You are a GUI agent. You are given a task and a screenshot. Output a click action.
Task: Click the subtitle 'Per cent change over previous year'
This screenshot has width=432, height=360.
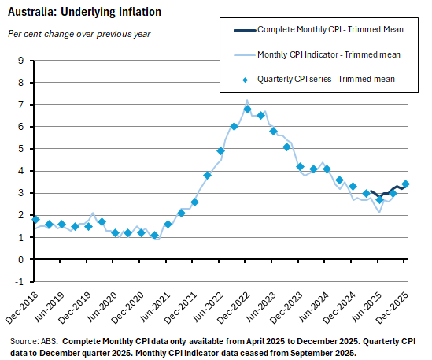click(79, 34)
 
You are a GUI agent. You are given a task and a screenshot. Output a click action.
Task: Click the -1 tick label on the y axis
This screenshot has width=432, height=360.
click(21, 281)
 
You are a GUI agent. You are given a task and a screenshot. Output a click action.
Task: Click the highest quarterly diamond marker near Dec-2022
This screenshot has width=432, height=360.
click(247, 109)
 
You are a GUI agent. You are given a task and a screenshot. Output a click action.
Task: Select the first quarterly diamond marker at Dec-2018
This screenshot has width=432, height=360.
click(35, 219)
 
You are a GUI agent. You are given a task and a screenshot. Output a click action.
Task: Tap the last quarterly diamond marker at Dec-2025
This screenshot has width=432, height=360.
click(405, 184)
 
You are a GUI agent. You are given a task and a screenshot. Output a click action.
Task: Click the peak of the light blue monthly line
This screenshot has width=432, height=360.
click(247, 101)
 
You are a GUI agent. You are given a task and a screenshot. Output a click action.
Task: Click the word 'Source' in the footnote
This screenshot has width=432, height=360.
click(24, 341)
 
